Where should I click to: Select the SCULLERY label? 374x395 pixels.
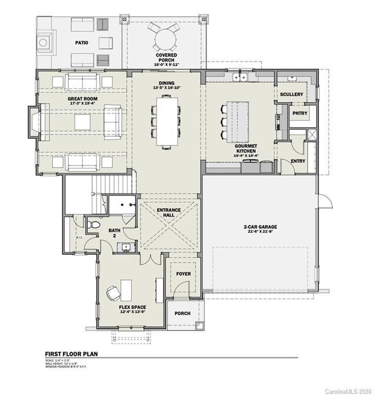(291, 95)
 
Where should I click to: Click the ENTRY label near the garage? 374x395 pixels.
(297, 161)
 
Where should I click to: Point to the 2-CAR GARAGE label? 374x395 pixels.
(261, 226)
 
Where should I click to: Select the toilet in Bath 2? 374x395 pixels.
(94, 225)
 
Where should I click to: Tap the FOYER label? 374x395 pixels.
(183, 274)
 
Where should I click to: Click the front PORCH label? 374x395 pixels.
(182, 313)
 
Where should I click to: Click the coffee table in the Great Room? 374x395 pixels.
(82, 122)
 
